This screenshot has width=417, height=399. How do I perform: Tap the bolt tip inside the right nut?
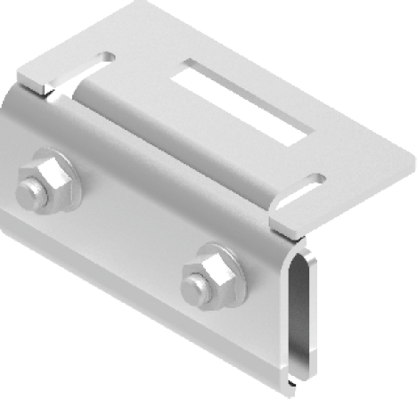click(x=194, y=287)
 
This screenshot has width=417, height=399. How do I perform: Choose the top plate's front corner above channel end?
click(x=282, y=233)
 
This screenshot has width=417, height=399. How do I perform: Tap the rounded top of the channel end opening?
click(x=304, y=252)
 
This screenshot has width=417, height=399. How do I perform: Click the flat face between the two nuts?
click(x=125, y=223)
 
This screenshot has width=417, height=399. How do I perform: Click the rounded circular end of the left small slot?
click(x=108, y=57)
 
